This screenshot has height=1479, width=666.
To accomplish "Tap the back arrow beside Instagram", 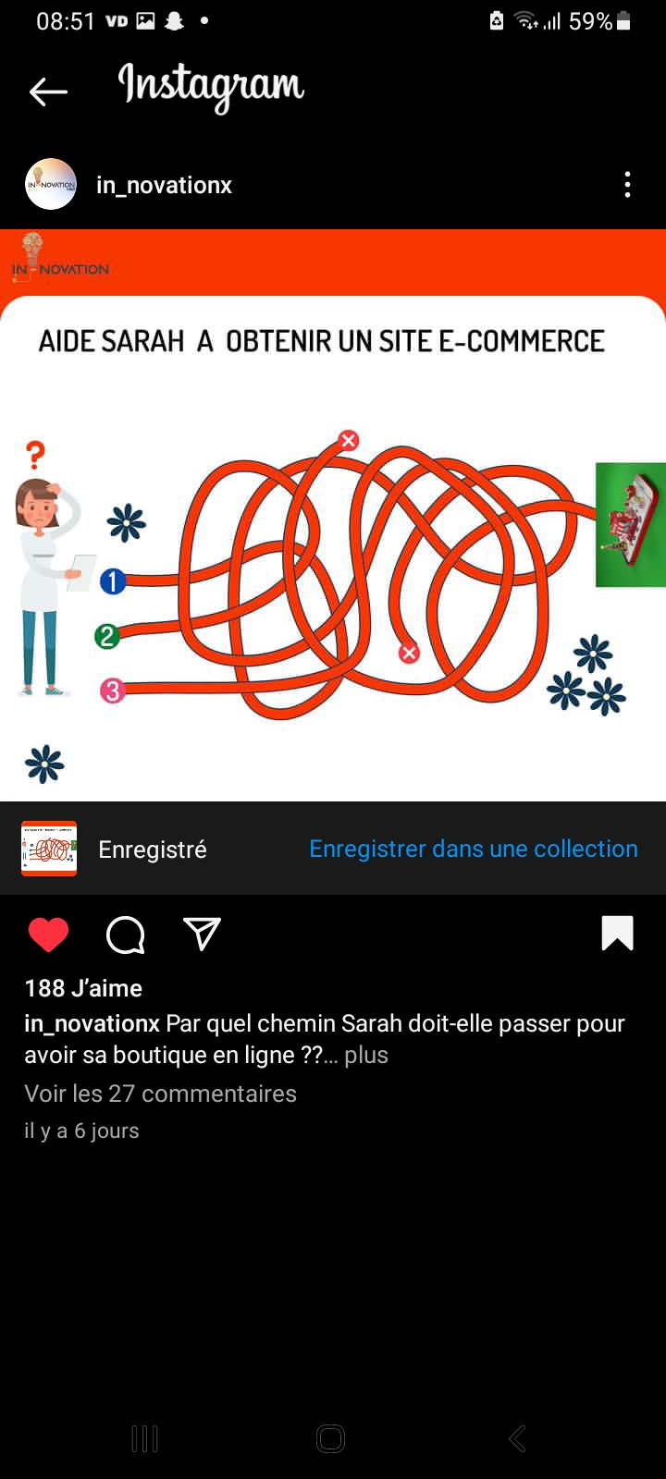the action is (48, 92).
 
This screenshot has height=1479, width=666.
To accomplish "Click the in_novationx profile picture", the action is (51, 184).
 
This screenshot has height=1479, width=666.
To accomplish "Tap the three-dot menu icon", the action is (627, 185).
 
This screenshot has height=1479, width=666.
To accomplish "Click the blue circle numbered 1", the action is (113, 581).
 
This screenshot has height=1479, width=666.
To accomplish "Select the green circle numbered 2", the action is (107, 637).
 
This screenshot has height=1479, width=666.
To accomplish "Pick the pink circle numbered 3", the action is (112, 691).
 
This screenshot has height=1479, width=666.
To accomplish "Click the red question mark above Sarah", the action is (36, 455).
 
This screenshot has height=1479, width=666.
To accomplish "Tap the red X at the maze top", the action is (349, 440).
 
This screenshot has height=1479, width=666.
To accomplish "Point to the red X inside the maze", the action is (409, 653).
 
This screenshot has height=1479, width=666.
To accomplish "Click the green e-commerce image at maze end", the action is (630, 525).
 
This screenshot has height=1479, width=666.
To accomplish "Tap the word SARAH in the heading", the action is (142, 341).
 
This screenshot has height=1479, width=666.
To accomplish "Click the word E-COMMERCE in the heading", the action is (522, 341).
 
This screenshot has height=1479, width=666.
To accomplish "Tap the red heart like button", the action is (49, 935).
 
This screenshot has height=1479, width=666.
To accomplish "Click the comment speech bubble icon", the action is (126, 935).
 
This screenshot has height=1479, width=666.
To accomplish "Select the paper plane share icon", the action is (202, 934).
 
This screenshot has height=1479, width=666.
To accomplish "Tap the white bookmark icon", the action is (618, 933).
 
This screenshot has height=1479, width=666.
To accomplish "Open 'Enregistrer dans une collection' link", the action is (474, 849).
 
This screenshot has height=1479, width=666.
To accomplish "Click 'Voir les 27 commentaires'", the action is (161, 1094).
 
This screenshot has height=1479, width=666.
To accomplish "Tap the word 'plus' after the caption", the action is (366, 1055).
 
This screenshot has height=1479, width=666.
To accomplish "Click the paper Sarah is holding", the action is (82, 572).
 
